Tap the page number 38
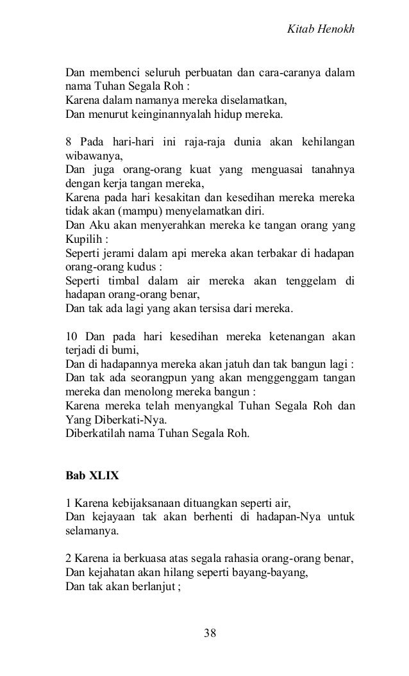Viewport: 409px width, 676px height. (210, 633)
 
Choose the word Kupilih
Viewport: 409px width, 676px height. (84, 239)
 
